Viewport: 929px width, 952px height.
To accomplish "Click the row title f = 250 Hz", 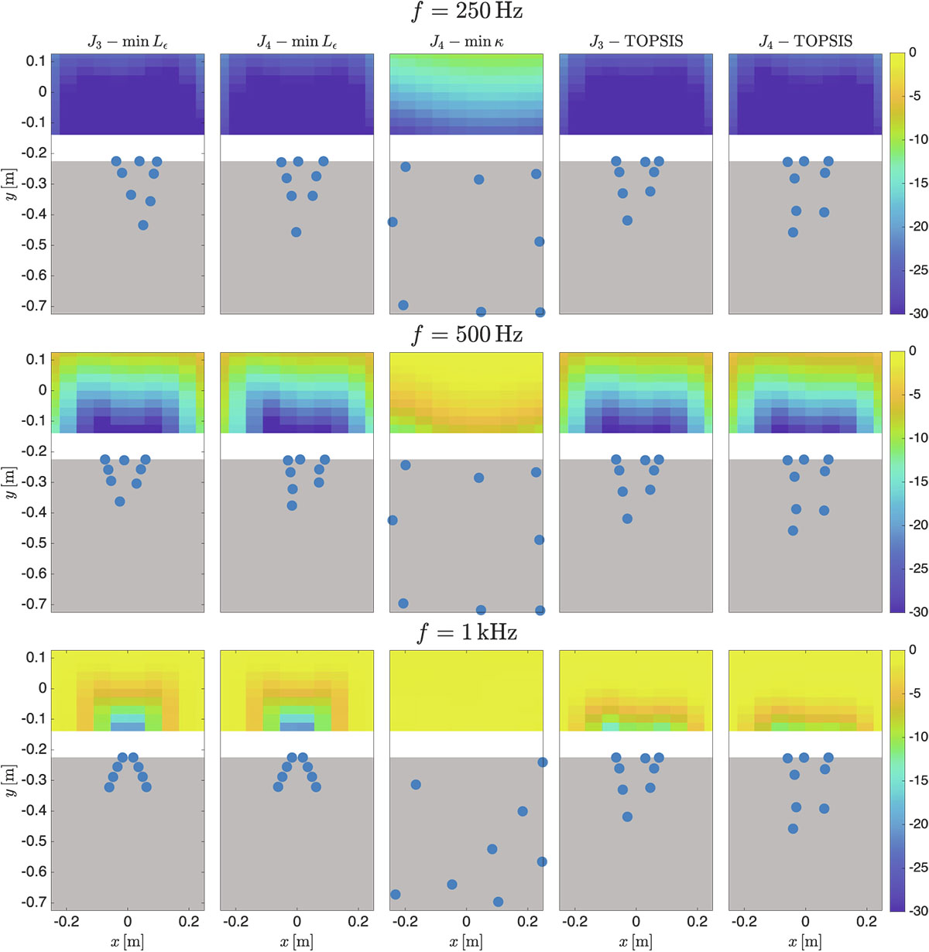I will coord(467,12).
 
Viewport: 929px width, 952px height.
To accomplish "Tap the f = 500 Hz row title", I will coord(467,334).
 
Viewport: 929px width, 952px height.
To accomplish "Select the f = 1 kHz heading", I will coord(467,633).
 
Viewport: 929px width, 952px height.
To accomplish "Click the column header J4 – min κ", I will coord(467,42).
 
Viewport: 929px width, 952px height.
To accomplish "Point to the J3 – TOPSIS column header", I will coord(636,42).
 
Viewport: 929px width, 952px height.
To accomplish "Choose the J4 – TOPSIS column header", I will coord(805,42).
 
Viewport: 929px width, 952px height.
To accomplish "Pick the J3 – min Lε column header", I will coord(128,42).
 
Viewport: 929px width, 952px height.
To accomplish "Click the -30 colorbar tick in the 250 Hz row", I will coord(918,313).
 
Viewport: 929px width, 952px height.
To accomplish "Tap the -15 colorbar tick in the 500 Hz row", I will coord(918,481).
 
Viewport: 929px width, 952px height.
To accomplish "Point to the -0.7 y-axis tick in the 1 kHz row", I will coord(35,902).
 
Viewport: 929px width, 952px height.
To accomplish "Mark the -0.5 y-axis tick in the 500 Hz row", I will coord(35,543).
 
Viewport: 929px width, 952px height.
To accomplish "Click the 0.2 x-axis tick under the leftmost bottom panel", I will coord(189,922).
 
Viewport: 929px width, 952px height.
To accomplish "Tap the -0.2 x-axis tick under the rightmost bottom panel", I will coord(744,922).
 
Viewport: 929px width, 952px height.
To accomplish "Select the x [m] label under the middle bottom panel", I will coord(467,942).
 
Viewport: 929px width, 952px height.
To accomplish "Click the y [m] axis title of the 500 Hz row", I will coord(10,482).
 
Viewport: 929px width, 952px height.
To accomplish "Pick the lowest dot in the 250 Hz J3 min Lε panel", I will coord(143,225).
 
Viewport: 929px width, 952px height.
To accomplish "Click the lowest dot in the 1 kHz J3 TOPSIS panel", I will coord(627,817).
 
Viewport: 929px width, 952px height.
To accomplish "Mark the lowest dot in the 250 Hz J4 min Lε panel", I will coord(296,232).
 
